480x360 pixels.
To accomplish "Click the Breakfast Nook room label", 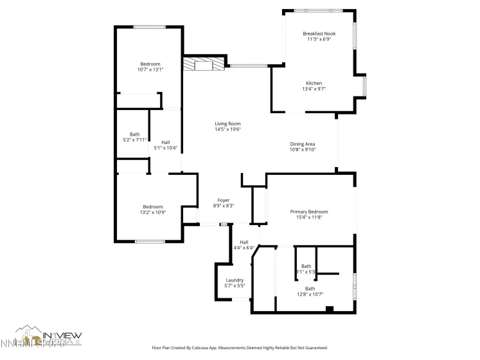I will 319,33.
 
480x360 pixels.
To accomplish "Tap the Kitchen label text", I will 314,84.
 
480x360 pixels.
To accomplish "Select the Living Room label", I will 227,123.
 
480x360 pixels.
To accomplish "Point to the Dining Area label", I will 303,144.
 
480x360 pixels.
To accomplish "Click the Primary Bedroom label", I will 309,212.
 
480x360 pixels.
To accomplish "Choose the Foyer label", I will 224,200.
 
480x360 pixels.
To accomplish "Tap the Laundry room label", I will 235,280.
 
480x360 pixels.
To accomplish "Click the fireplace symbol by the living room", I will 204,64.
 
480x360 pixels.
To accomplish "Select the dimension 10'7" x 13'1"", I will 150,69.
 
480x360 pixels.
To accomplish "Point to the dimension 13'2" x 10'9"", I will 153,212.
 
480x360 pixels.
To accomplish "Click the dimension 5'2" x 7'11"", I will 134,139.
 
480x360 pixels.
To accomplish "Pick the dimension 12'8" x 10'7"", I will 310,294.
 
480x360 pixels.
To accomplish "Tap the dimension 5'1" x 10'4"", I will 166,148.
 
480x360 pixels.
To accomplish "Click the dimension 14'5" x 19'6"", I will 227,129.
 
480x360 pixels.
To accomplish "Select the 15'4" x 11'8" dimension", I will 309,217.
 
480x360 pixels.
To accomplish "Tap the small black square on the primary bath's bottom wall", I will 330,309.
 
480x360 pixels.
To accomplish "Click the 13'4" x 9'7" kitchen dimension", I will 314,89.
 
